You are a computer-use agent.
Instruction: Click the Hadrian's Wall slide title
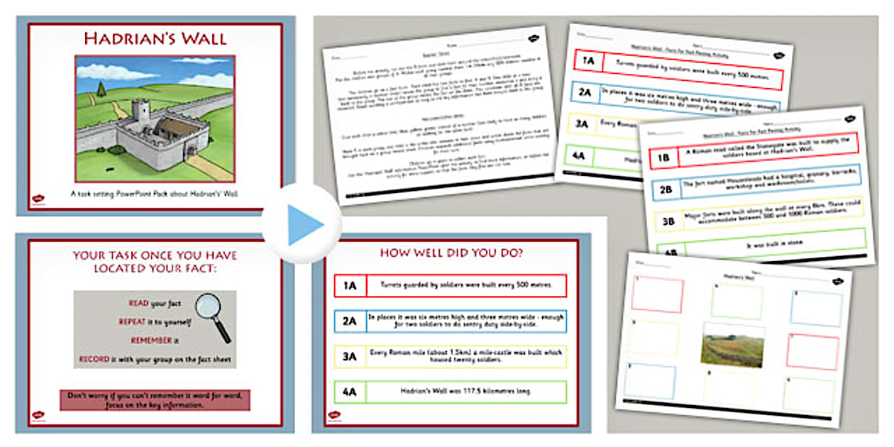click(x=155, y=38)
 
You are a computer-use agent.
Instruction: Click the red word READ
click(x=138, y=303)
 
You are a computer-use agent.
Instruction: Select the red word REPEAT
click(x=133, y=321)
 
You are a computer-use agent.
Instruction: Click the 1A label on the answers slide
click(x=349, y=286)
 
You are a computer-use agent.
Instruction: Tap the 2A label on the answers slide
click(x=349, y=321)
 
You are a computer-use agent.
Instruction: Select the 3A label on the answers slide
click(x=349, y=356)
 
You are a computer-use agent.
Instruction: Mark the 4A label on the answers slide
click(x=349, y=392)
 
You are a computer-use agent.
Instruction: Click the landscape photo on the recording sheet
click(x=732, y=345)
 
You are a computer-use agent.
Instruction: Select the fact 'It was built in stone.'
click(x=771, y=243)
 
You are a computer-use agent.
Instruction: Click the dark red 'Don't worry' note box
click(x=155, y=399)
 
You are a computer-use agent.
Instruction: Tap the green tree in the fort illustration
click(x=101, y=89)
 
